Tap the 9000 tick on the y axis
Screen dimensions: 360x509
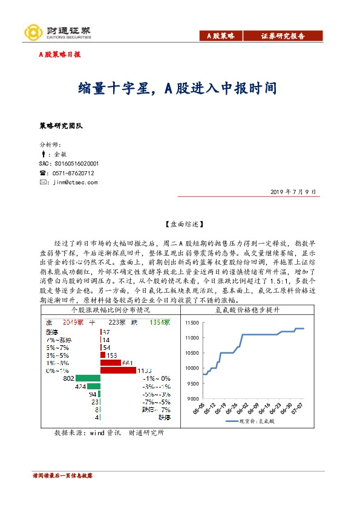tap(192, 398)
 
